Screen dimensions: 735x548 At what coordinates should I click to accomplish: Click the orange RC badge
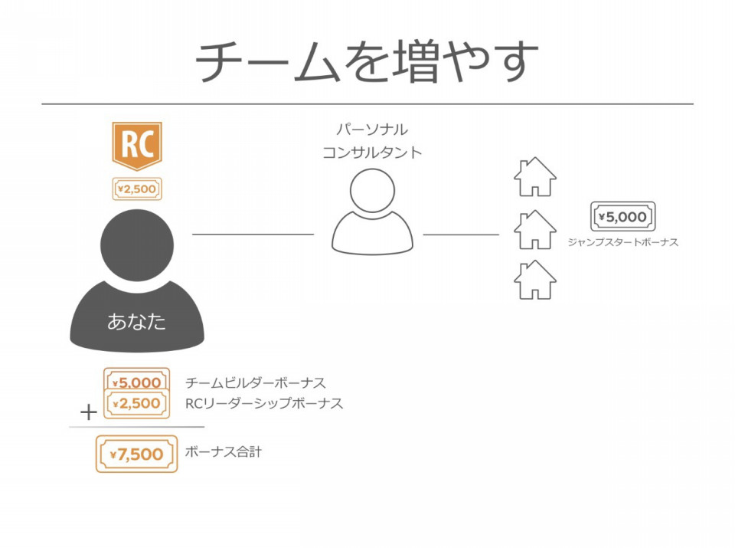(137, 146)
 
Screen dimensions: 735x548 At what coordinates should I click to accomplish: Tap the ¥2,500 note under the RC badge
(137, 189)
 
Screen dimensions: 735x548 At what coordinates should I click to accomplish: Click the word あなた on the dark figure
(136, 322)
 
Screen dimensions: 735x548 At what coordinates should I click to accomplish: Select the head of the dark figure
(137, 245)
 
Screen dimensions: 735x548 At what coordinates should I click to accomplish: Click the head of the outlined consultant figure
(372, 191)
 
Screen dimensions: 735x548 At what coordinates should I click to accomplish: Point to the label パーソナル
(372, 129)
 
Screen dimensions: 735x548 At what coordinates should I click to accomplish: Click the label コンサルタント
(372, 153)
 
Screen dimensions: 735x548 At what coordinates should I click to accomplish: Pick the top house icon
(535, 177)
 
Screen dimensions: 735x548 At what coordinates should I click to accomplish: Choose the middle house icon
(535, 229)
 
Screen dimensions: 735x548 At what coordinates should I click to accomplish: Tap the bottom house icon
(535, 280)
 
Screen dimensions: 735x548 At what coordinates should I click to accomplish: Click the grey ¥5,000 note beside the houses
(622, 217)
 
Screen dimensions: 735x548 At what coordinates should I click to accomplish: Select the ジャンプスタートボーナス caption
(623, 242)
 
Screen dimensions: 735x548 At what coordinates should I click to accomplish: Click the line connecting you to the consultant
(253, 234)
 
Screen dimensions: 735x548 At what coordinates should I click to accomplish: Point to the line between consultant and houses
(461, 234)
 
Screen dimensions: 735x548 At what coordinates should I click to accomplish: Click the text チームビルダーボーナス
(256, 383)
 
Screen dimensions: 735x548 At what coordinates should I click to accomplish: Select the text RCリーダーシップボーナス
(264, 403)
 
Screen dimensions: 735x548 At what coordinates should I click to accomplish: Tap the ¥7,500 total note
(137, 454)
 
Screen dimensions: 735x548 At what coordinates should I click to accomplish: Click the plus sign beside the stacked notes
(89, 412)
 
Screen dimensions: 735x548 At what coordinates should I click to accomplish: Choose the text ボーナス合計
(223, 452)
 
